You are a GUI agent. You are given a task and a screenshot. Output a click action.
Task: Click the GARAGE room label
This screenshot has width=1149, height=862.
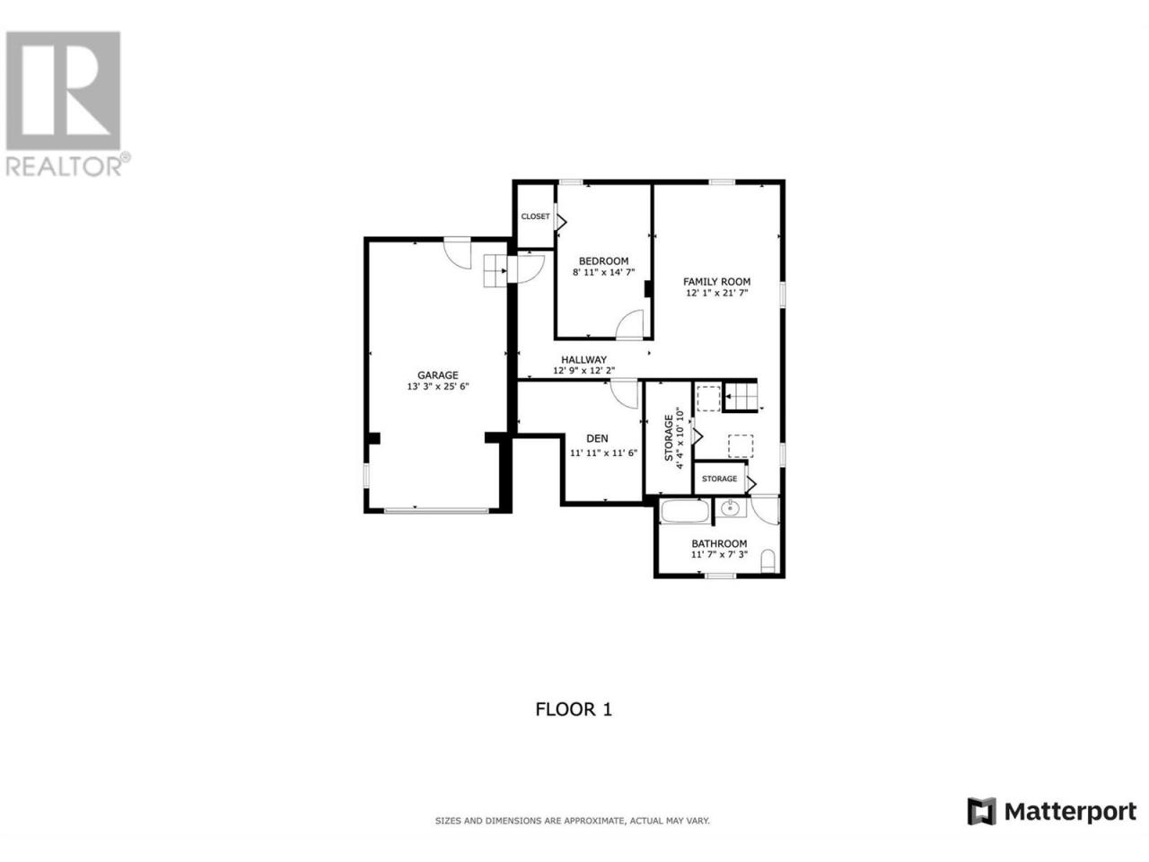point(437,374)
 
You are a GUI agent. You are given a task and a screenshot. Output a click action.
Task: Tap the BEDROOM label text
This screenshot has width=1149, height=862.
point(603,260)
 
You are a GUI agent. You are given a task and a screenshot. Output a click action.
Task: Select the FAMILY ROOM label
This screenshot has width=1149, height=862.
point(716,282)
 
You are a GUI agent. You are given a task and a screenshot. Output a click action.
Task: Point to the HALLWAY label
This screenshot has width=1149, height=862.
point(583,359)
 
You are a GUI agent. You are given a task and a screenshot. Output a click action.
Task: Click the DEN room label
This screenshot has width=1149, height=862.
point(597,438)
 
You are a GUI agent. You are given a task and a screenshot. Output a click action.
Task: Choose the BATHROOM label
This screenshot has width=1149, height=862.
point(719,543)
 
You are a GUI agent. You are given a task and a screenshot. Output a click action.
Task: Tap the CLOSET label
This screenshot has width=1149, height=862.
point(535,216)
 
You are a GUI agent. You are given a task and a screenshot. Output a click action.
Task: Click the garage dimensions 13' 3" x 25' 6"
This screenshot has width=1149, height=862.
point(438,386)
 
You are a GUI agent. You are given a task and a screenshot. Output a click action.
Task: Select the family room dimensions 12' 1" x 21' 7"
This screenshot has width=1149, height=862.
point(716,293)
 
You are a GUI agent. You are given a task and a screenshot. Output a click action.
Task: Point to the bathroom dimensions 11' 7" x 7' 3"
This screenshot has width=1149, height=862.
point(719,554)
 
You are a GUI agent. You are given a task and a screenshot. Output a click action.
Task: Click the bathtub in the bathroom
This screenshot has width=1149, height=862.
point(685,511)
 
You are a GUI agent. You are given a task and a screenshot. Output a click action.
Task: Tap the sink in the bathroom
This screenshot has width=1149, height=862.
point(730,507)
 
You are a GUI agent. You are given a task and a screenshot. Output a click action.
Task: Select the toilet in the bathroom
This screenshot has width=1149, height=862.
point(767,560)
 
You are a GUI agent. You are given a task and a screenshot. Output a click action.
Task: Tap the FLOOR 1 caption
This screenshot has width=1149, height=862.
point(574,709)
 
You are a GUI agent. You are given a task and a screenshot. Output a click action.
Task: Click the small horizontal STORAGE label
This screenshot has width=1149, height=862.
point(719,479)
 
